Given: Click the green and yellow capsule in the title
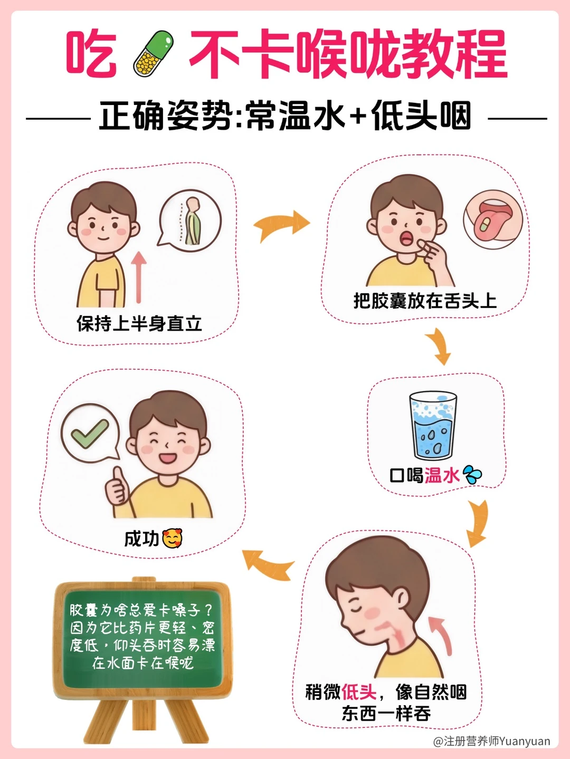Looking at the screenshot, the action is tap(153, 53).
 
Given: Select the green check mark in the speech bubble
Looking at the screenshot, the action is tap(90, 433).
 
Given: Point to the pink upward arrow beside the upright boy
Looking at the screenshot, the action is tap(139, 277).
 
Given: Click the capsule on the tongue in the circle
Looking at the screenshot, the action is tap(485, 224).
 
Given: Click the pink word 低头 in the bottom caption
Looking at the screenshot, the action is tap(359, 692).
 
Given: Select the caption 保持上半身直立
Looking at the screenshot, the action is tap(139, 324).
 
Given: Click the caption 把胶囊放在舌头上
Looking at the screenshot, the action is tap(425, 301).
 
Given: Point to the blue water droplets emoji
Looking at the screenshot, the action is tap(472, 475).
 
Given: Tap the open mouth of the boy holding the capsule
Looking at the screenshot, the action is tap(407, 237).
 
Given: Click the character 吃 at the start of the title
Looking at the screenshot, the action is tap(91, 54).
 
